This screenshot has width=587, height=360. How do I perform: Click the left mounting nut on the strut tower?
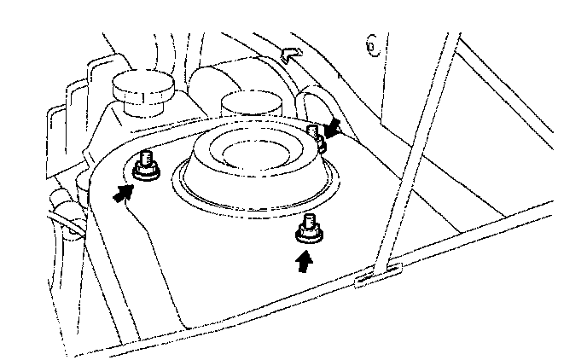(x=147, y=167)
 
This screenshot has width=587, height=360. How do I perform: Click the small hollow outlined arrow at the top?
(x=291, y=54)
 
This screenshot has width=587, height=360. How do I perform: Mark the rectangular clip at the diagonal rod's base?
(x=376, y=275)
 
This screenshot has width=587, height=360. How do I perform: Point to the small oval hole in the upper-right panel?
(x=373, y=44)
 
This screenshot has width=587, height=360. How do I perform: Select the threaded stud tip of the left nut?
(x=146, y=158)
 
